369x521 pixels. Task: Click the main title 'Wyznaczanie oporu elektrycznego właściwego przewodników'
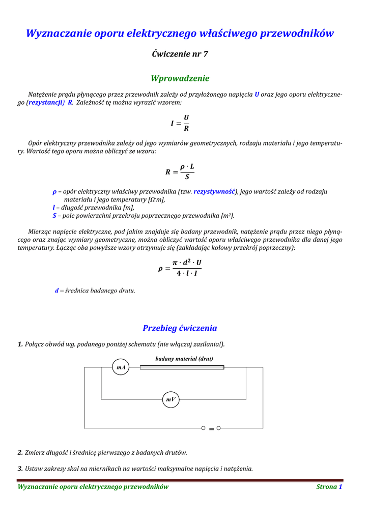point(180,34)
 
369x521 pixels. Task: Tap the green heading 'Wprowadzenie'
point(180,78)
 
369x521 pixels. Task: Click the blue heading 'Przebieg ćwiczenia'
point(180,328)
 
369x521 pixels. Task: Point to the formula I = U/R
point(180,123)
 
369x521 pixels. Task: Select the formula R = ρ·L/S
point(180,171)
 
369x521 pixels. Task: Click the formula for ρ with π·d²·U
point(180,268)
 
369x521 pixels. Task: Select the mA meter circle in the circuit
point(121,367)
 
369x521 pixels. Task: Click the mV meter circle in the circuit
point(171,399)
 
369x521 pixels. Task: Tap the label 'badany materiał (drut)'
point(184,358)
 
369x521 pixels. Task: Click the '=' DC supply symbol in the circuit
point(211,429)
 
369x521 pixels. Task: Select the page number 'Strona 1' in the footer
point(329,487)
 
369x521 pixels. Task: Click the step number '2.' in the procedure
point(20,452)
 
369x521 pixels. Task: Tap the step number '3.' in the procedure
point(20,469)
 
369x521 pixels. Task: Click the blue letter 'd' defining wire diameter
point(57,291)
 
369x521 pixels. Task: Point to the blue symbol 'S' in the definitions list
point(54,216)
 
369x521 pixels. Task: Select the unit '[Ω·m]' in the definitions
point(156,200)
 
